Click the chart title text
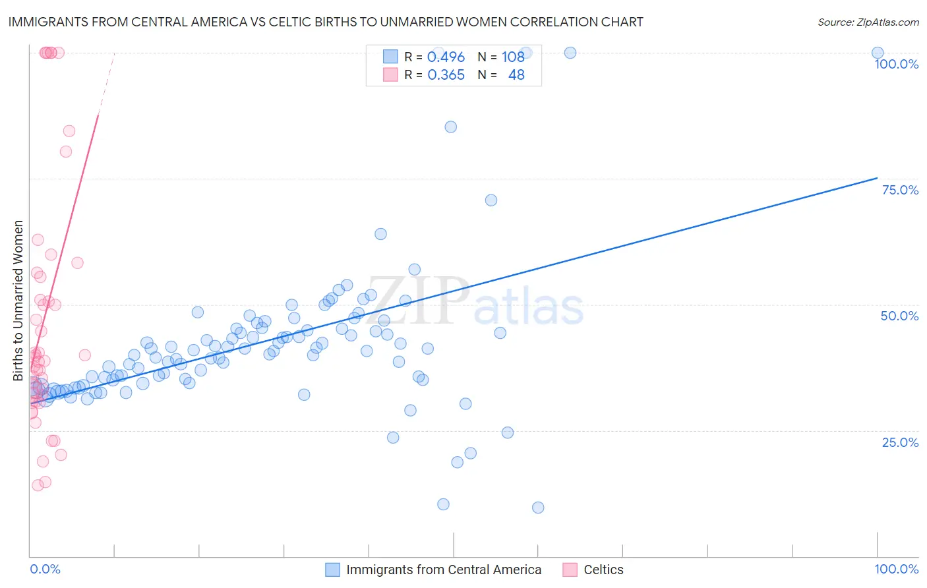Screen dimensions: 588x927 click(326, 22)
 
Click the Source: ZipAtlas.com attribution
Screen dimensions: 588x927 click(868, 22)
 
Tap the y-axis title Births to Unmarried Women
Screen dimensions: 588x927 click(18, 301)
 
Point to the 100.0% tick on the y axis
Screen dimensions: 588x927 click(896, 64)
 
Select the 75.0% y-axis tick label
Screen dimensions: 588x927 click(900, 190)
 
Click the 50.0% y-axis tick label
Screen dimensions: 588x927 click(899, 316)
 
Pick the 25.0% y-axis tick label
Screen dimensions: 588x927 click(900, 442)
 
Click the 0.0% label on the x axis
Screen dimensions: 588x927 click(45, 569)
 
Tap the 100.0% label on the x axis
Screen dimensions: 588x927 click(896, 569)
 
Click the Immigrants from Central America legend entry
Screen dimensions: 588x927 click(443, 570)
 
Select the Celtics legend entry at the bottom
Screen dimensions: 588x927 click(603, 570)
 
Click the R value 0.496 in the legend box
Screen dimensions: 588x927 click(446, 57)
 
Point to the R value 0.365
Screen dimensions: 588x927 click(446, 75)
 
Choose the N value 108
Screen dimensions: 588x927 click(513, 57)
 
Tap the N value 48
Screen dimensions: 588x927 click(516, 75)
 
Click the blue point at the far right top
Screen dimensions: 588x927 click(878, 53)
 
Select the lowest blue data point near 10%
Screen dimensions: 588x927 click(538, 508)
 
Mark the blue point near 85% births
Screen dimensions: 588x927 click(451, 127)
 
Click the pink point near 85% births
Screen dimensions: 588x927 click(69, 131)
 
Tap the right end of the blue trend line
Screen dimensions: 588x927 click(877, 178)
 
